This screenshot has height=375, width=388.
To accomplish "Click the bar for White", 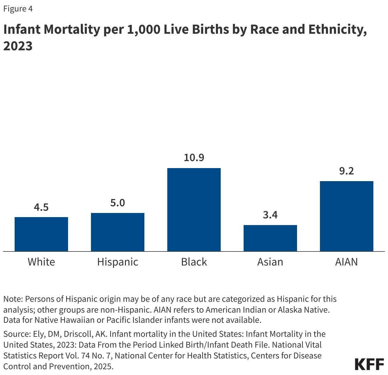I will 41,234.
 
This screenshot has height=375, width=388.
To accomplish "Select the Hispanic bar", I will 118,232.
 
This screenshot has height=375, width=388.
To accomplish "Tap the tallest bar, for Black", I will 194,209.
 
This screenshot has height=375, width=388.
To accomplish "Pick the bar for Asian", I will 270,238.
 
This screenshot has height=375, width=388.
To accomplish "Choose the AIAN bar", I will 346,216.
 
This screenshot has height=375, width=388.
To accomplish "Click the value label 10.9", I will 194,158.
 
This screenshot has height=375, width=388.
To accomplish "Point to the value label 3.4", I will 270,215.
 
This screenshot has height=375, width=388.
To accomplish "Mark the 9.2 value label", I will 346,171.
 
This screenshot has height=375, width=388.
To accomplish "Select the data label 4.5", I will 41,207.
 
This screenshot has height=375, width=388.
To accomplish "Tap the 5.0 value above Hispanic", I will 118,203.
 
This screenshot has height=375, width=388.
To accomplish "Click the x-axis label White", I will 41,262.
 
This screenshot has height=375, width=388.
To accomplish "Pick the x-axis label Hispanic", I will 118,262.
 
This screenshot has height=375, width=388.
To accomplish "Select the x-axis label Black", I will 194,262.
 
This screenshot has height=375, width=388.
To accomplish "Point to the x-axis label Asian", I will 270,262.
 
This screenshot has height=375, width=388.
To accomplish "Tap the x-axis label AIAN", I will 346,262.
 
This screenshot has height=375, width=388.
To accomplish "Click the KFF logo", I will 369,364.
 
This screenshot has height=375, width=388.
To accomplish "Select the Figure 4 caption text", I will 18,9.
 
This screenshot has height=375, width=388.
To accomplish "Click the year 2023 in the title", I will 18,46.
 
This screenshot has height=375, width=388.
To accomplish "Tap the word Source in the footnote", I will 16,334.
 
